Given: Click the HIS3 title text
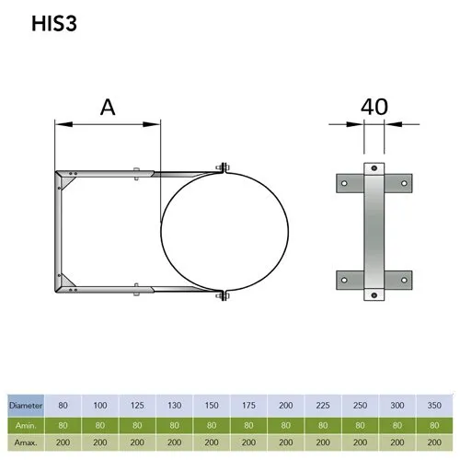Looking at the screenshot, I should coord(43,25).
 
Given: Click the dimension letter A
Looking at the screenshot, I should coord(108,108).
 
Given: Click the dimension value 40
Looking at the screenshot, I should coord(374,107).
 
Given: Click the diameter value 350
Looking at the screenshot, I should coord(434,405).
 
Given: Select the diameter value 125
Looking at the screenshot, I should coord(137,405).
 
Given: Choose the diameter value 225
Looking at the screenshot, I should coord(323,405).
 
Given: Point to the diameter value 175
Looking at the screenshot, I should coord(248,405).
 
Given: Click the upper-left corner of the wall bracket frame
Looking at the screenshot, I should coord(58,172).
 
